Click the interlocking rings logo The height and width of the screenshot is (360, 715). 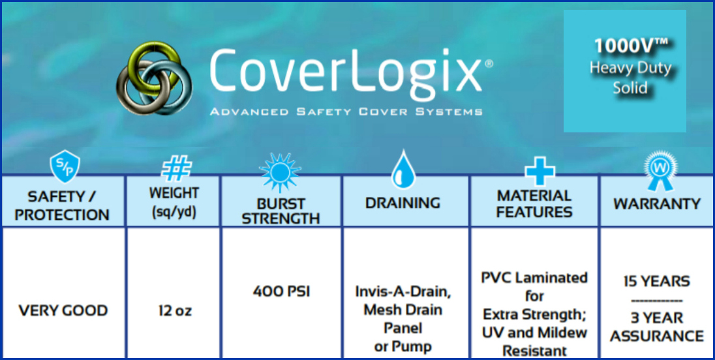point(154,78)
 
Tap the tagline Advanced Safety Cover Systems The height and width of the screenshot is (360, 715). point(346,112)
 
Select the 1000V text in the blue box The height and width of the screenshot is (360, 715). point(631,46)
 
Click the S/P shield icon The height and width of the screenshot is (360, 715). point(65,166)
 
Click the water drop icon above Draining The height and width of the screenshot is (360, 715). point(403,169)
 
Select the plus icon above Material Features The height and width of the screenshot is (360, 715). point(540,170)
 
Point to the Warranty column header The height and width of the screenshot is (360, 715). point(657,203)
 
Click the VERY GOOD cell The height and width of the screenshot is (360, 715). point(63,311)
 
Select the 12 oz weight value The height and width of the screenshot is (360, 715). point(174,311)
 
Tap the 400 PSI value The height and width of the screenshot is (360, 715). point(281,291)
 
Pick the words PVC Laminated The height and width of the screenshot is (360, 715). point(534,277)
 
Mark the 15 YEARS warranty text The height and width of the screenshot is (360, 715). point(657,281)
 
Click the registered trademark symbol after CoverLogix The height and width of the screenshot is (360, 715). point(489,65)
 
